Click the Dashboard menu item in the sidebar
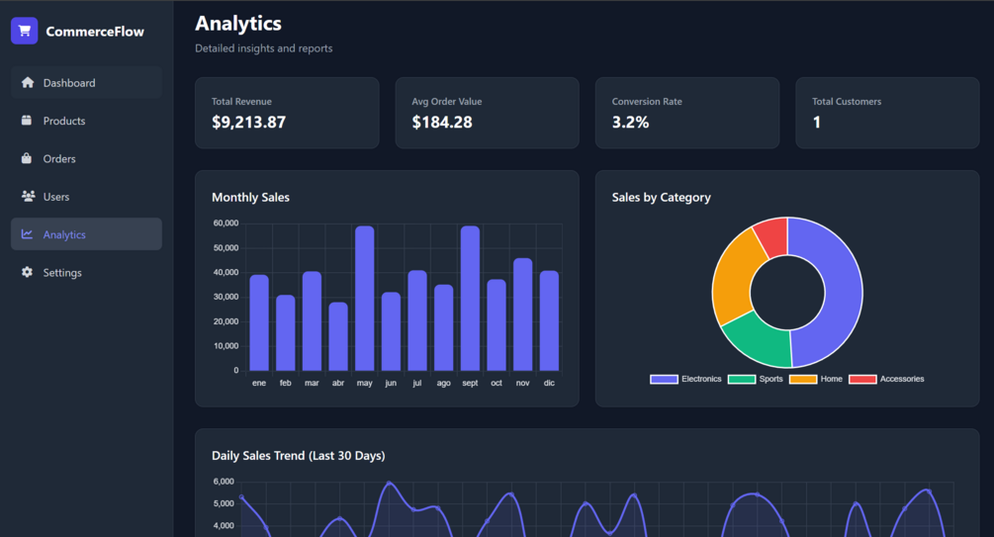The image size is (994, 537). pyautogui.click(x=86, y=82)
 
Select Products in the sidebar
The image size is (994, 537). pyautogui.click(x=86, y=121)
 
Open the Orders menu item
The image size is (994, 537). pyautogui.click(x=86, y=158)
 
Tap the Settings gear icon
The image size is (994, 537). pyautogui.click(x=27, y=272)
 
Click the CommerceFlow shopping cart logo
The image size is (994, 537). pyautogui.click(x=24, y=31)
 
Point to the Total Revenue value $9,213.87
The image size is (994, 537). pyautogui.click(x=248, y=122)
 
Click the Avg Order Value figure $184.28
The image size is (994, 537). pyautogui.click(x=442, y=122)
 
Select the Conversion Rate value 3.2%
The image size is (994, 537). pyautogui.click(x=630, y=122)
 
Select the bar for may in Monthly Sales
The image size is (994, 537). pyautogui.click(x=365, y=298)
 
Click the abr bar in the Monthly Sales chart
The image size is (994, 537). pyautogui.click(x=338, y=336)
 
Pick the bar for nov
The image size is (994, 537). pyautogui.click(x=522, y=314)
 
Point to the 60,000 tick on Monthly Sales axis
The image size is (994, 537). pyautogui.click(x=226, y=224)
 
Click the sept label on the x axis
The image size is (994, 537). pyautogui.click(x=470, y=383)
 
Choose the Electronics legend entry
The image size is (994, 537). pyautogui.click(x=685, y=379)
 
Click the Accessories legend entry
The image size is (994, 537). pyautogui.click(x=886, y=379)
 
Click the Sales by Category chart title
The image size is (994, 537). pyautogui.click(x=662, y=197)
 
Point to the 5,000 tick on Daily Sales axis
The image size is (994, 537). pyautogui.click(x=224, y=503)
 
